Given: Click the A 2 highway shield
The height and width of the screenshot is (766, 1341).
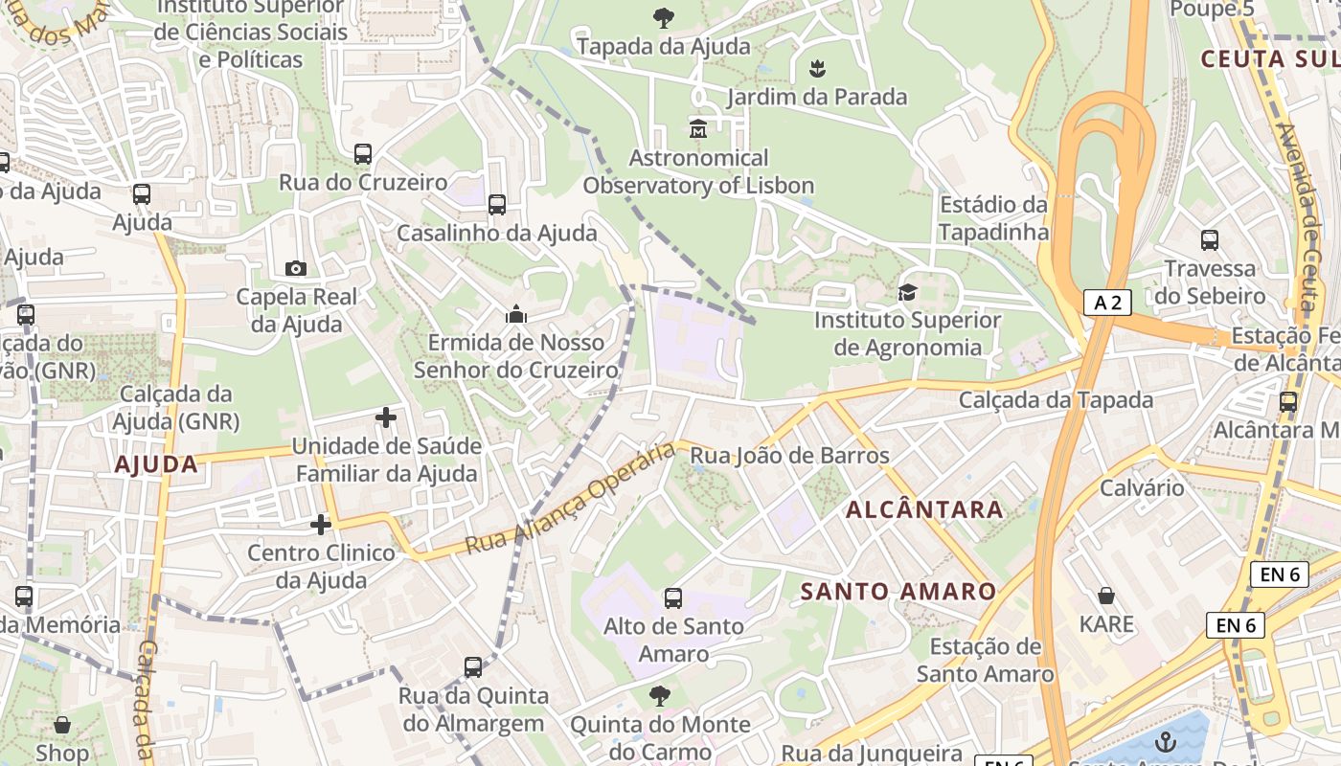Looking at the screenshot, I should tap(1107, 303).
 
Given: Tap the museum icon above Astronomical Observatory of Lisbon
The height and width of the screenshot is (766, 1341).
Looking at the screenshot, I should tap(697, 128).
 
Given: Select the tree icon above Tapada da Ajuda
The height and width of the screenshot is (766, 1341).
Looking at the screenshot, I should tap(663, 16).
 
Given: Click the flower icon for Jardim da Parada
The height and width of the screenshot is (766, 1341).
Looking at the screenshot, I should tap(817, 68).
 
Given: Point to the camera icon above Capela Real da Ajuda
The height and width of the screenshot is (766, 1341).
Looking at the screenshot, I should tap(296, 268).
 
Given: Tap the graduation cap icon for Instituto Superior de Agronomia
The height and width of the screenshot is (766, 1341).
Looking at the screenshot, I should tap(906, 292).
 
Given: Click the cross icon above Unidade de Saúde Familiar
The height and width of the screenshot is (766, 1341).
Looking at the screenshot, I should tap(386, 417).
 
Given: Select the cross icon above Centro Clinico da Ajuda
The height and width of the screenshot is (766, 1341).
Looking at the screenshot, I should tap(321, 525).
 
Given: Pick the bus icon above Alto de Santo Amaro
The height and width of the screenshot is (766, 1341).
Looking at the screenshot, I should tap(673, 598).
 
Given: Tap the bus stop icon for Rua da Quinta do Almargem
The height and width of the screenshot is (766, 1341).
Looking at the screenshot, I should tap(473, 667).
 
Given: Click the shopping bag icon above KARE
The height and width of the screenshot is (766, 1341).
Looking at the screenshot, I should tap(1106, 596).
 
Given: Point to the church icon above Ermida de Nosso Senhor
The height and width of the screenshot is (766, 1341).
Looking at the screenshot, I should tap(516, 314).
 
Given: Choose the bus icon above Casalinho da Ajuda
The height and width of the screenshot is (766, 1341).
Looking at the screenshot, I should tap(496, 204).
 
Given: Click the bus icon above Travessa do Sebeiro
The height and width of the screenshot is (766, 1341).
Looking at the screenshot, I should tap(1210, 240).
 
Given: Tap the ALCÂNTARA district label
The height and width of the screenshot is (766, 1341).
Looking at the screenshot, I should tap(924, 509).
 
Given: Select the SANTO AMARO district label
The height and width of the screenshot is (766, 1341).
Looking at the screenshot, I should tap(898, 592).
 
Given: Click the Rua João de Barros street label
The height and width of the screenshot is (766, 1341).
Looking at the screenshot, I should tap(789, 456).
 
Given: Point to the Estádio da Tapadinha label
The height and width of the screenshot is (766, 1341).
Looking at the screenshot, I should tap(993, 218).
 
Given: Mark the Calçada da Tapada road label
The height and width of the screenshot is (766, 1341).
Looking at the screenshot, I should tap(1056, 400).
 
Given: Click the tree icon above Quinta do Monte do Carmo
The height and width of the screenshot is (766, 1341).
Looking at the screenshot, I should tap(660, 696).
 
